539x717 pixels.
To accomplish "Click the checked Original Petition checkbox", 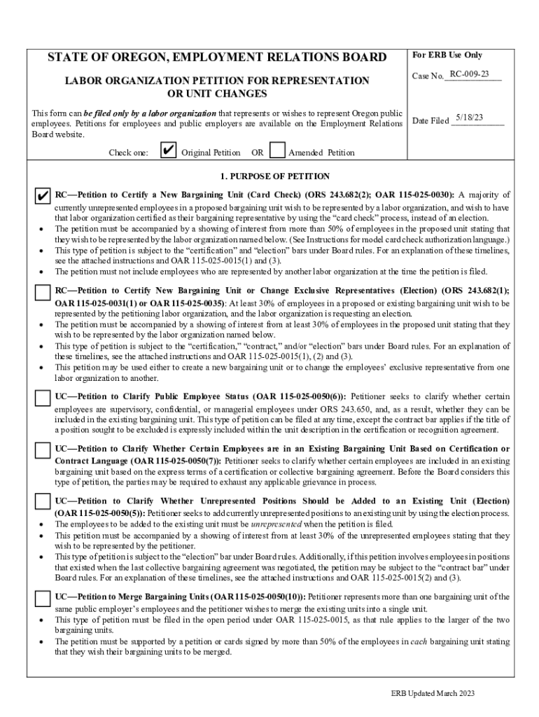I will [x=168, y=151].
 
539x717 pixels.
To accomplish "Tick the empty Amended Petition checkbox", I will [x=277, y=151].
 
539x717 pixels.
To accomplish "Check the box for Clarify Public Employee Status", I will [x=43, y=397].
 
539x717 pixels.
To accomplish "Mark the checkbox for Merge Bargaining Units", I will [x=43, y=598].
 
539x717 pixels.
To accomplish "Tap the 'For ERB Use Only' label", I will [x=447, y=55].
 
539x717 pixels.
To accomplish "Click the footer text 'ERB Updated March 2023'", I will [x=433, y=693].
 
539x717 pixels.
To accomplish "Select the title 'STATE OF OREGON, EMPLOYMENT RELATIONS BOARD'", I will [x=216, y=57].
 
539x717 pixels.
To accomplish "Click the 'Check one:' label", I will [x=128, y=153].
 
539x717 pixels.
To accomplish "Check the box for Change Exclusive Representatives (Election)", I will [x=43, y=291].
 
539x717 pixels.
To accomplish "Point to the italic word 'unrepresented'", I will [x=276, y=524].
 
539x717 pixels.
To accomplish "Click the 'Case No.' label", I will [x=428, y=76].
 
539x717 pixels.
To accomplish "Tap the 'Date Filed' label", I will [x=430, y=121].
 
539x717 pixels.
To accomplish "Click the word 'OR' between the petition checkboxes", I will [x=257, y=153].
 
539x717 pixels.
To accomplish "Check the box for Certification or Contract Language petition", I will [x=43, y=450].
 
